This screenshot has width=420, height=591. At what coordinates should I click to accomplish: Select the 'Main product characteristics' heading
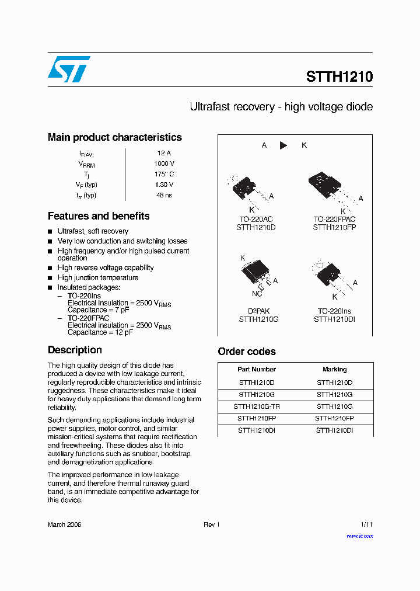click(x=114, y=137)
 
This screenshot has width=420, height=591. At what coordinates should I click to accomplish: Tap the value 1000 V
click(x=164, y=164)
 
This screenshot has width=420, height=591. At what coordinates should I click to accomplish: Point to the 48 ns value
click(x=164, y=195)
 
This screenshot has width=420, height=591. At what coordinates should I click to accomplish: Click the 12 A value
click(x=164, y=153)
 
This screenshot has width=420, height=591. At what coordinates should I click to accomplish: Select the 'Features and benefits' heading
click(x=99, y=216)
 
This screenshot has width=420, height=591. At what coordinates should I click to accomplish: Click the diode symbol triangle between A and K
click(x=283, y=145)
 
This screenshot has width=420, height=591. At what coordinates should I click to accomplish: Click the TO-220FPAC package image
click(x=324, y=186)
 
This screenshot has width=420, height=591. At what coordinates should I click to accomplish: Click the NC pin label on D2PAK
click(x=257, y=294)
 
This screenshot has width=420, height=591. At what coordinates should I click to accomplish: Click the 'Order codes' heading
click(x=247, y=352)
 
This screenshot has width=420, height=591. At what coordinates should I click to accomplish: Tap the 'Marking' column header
click(x=334, y=369)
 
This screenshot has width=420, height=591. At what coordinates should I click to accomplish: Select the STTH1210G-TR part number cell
click(x=257, y=406)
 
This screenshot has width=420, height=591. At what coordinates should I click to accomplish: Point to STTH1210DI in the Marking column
click(x=334, y=430)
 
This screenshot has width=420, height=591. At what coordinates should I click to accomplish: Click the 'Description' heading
click(x=75, y=350)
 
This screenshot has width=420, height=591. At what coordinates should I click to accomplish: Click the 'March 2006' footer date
click(x=64, y=524)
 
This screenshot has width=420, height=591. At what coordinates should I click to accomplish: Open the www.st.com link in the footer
click(x=359, y=536)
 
